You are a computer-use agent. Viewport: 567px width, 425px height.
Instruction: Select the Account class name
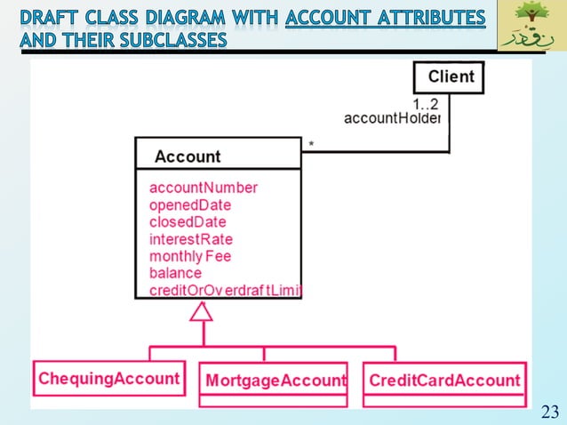coord(188,156)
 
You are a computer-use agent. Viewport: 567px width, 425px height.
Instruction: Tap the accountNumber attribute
coord(204,188)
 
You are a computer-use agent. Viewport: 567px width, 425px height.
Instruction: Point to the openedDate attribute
coord(190,204)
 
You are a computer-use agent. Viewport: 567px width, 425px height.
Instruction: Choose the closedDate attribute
coord(188,221)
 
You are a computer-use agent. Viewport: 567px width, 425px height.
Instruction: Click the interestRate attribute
coord(191,238)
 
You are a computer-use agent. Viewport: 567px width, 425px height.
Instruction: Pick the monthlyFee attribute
coord(190,256)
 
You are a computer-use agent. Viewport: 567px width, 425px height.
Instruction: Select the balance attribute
coord(175,273)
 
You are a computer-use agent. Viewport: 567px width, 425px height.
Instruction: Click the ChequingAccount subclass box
coord(108,379)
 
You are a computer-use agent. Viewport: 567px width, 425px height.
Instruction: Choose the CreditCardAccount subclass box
coord(444,381)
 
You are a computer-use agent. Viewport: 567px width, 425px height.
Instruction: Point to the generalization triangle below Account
coord(202,311)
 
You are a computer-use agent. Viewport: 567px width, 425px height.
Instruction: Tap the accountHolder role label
coord(392,118)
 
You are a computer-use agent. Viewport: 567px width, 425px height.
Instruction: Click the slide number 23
coord(549,411)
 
